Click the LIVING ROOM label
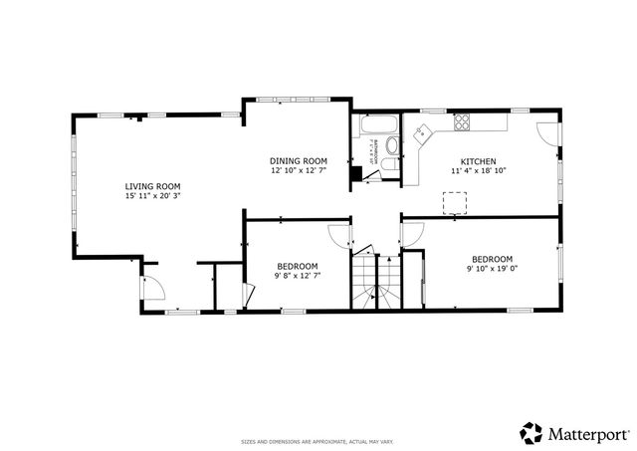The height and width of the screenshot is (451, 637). pyautogui.click(x=152, y=186)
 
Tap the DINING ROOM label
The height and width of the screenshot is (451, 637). pyautogui.click(x=299, y=160)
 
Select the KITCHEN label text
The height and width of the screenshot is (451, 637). pyautogui.click(x=478, y=161)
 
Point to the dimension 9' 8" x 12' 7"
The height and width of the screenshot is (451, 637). pyautogui.click(x=298, y=276)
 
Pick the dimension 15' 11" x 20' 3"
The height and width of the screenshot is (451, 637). pyautogui.click(x=152, y=196)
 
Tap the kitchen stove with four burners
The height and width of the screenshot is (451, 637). pyautogui.click(x=462, y=122)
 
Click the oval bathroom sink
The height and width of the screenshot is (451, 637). pyautogui.click(x=391, y=145)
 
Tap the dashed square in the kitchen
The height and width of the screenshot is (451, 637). pyautogui.click(x=456, y=202)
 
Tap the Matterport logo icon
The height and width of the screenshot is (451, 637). pyautogui.click(x=531, y=433)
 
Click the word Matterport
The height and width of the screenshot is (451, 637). pyautogui.click(x=587, y=434)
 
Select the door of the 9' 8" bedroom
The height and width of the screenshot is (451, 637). pyautogui.click(x=339, y=237)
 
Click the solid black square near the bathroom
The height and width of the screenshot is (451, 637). pyautogui.click(x=355, y=173)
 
